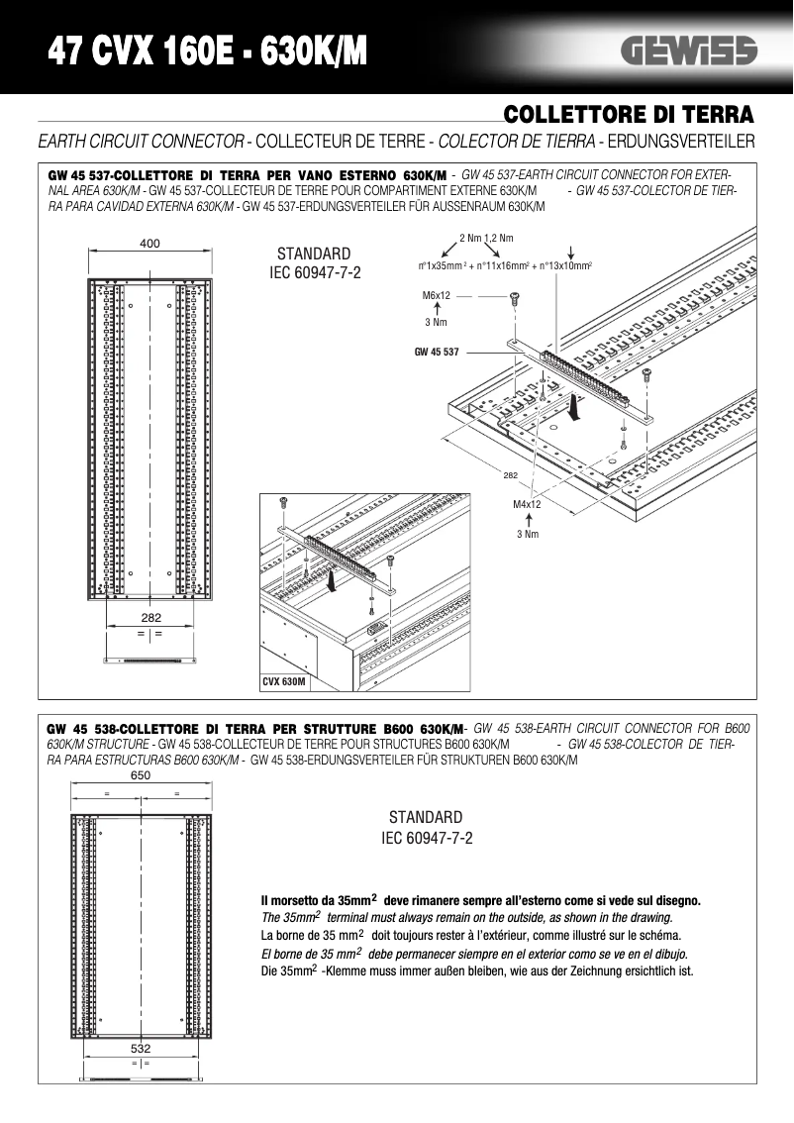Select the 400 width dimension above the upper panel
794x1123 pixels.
click(150, 244)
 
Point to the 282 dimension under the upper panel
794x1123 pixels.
click(150, 618)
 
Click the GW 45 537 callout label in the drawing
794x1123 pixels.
click(437, 352)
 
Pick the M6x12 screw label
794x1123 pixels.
click(437, 295)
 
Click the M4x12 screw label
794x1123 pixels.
click(527, 504)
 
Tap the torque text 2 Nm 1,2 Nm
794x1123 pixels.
click(486, 238)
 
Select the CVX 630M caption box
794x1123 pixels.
click(284, 682)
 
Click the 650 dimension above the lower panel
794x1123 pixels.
click(141, 776)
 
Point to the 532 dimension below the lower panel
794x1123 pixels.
click(141, 1047)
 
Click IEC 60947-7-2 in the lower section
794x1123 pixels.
click(427, 838)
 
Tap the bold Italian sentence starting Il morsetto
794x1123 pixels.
click(480, 900)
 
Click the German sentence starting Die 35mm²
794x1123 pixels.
click(476, 970)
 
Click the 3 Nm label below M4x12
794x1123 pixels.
click(527, 535)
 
